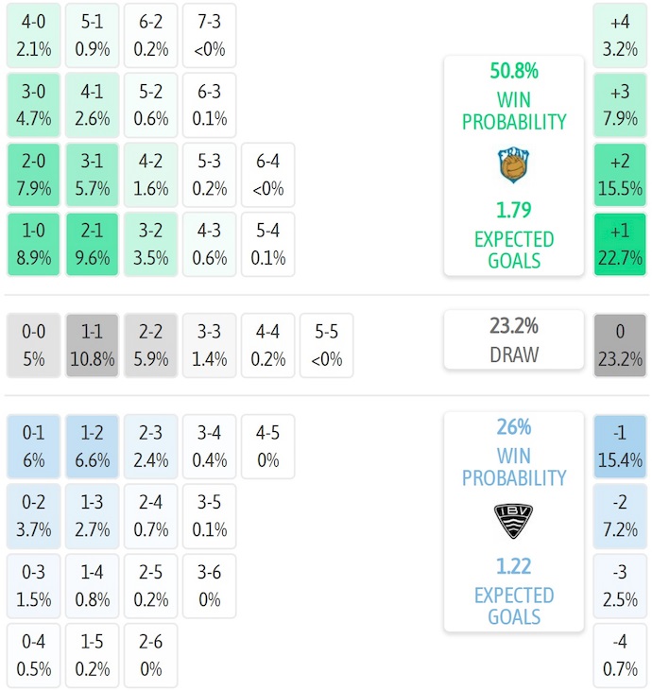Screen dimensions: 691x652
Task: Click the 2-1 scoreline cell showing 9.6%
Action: click(x=93, y=245)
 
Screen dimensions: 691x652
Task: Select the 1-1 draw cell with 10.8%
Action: click(x=93, y=346)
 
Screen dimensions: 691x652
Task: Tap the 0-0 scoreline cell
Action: click(x=34, y=346)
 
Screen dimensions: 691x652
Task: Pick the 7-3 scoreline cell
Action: click(x=210, y=34)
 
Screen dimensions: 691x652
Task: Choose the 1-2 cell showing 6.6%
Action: click(x=93, y=447)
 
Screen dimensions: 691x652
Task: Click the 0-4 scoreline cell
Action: click(x=34, y=656)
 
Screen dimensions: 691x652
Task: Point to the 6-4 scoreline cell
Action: click(x=268, y=175)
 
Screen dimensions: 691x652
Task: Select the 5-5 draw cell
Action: click(x=326, y=346)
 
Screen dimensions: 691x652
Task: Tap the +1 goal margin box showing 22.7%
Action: click(x=620, y=245)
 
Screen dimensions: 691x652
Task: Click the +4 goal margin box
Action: click(x=620, y=34)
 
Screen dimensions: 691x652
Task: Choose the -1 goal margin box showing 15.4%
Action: click(x=620, y=447)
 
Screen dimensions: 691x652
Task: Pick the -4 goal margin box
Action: click(x=620, y=656)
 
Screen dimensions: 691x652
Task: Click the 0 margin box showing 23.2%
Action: click(x=620, y=346)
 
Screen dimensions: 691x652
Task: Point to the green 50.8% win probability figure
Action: click(x=514, y=71)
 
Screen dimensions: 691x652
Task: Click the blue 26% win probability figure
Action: click(x=514, y=427)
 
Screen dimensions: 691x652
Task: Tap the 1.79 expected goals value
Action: click(x=514, y=210)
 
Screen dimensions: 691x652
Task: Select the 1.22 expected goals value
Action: click(x=514, y=566)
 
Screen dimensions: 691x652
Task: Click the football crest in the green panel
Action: click(x=514, y=166)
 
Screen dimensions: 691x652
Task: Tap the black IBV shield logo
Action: click(x=514, y=521)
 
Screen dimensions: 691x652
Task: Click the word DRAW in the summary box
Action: click(x=514, y=355)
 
